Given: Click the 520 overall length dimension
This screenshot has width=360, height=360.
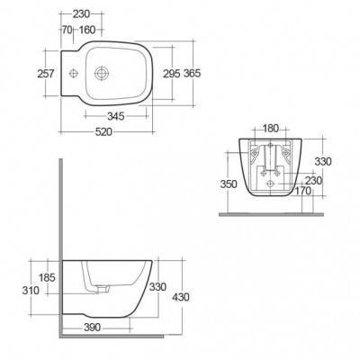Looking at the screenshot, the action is coord(103,131).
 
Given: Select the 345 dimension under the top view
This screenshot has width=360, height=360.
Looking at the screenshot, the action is coord(116,116).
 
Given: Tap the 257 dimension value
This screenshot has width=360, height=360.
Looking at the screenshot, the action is coord(46,74).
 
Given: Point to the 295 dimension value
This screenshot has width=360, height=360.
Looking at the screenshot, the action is coord(172,74).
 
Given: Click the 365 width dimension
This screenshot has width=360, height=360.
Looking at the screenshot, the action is coord(192,73).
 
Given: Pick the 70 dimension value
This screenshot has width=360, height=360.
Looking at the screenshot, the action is coord(67,30).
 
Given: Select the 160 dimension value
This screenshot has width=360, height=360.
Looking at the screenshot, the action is coord(87,30).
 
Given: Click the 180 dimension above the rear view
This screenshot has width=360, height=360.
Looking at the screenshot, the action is coord(271,129).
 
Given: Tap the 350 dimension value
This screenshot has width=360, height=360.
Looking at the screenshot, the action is coord(229,184).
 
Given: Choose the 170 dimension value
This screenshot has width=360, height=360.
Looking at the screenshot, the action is coord(303,191).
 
